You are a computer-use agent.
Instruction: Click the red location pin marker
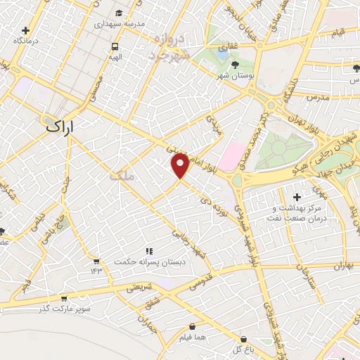[x=180, y=165]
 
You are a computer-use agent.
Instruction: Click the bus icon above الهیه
[x=114, y=47]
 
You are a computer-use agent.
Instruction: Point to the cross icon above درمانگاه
[x=25, y=31]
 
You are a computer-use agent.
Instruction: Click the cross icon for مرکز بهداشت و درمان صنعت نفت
[x=296, y=196]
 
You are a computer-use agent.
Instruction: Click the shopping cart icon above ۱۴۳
[x=96, y=262]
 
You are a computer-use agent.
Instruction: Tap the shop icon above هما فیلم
[x=191, y=326]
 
